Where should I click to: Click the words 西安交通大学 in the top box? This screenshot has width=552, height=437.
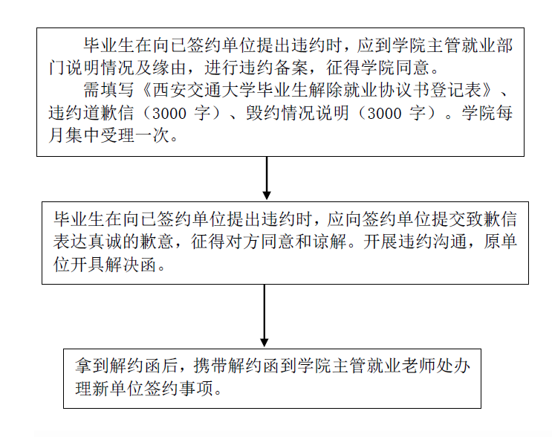click(204, 90)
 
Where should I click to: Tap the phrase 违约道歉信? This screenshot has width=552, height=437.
click(91, 113)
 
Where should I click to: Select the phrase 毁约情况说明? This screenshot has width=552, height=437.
click(298, 113)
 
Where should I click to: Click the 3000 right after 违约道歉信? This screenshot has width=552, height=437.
click(169, 114)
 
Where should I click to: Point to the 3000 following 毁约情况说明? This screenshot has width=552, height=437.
click(384, 114)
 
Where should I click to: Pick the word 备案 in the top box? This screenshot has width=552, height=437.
click(290, 68)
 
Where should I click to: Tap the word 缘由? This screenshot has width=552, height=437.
click(169, 68)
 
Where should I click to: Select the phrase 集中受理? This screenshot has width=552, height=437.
click(100, 135)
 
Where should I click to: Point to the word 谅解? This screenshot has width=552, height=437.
click(329, 242)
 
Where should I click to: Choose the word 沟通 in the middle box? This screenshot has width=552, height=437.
click(449, 242)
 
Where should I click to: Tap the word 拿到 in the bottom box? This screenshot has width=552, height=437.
click(92, 366)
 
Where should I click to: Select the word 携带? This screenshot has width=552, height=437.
click(210, 366)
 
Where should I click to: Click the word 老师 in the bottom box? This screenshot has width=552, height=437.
click(419, 366)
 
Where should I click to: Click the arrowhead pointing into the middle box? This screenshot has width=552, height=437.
click(267, 195)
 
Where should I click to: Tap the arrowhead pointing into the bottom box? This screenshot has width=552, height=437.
click(264, 343)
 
